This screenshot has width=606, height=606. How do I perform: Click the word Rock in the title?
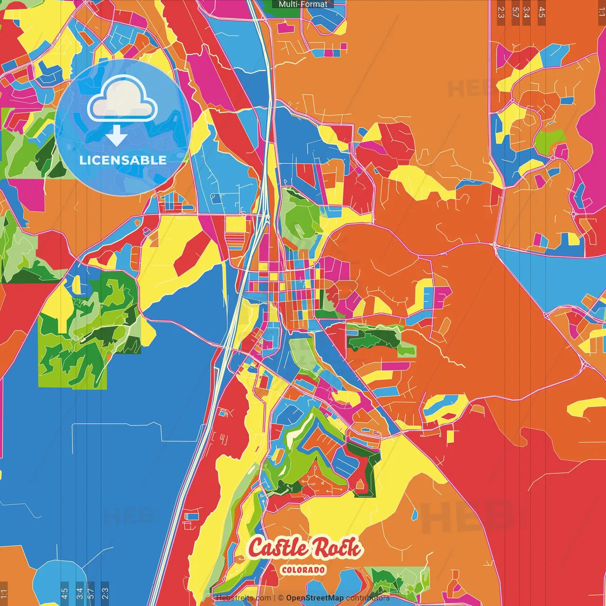(x=338, y=548)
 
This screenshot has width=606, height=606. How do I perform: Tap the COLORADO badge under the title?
(x=303, y=570)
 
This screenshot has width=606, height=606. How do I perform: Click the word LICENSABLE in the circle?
(x=123, y=160)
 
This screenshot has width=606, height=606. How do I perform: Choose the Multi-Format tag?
(x=303, y=4)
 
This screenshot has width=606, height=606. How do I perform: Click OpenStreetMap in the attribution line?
(x=315, y=598)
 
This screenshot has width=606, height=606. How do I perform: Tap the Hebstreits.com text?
(x=243, y=598)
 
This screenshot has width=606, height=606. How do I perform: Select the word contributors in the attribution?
(x=368, y=598)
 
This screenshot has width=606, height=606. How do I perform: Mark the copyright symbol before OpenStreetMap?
(x=280, y=598)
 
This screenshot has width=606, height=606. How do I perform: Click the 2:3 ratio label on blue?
(x=105, y=592)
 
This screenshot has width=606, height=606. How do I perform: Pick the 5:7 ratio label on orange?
(x=515, y=12)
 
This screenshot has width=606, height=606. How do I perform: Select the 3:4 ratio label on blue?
(x=79, y=592)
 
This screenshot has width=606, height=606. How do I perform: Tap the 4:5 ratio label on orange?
(x=542, y=12)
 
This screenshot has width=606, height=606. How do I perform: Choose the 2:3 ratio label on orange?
(x=501, y=12)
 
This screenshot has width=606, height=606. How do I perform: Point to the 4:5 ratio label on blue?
(x=64, y=592)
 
